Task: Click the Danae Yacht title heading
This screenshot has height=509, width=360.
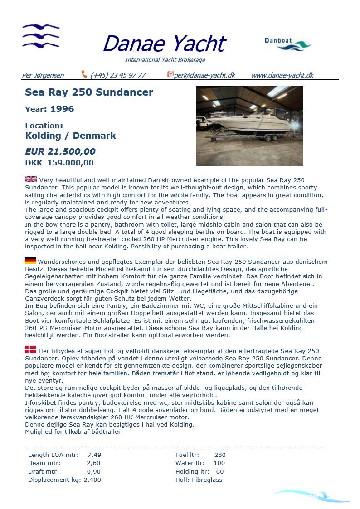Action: [x=164, y=44]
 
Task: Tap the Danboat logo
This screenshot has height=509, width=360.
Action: [x=287, y=44]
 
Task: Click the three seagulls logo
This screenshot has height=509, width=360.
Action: [x=41, y=36]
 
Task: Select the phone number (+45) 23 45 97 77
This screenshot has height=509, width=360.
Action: [x=118, y=75]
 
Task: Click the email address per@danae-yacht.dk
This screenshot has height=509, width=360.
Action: [x=204, y=75]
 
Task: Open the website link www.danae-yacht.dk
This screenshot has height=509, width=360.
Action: [x=282, y=75]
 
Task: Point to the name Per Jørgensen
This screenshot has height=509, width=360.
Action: [x=43, y=75]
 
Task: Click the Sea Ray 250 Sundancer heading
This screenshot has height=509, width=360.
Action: [x=89, y=92]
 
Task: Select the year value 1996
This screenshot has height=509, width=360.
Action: [x=62, y=109]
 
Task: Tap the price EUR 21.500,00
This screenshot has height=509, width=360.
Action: [x=60, y=151]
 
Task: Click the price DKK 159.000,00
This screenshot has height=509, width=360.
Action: [x=59, y=163]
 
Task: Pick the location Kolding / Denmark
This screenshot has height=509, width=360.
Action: [x=70, y=136]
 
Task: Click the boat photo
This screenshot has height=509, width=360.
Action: [x=249, y=126]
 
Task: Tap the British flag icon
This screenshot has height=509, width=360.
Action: [x=31, y=179]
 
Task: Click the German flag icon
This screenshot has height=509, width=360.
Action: [x=30, y=261]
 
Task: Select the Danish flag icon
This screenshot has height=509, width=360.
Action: [x=30, y=349]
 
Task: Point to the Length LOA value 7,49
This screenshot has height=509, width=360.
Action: [x=94, y=455]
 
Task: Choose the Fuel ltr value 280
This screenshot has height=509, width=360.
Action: [x=220, y=455]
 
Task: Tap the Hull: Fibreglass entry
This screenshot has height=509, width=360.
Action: [x=199, y=480]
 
